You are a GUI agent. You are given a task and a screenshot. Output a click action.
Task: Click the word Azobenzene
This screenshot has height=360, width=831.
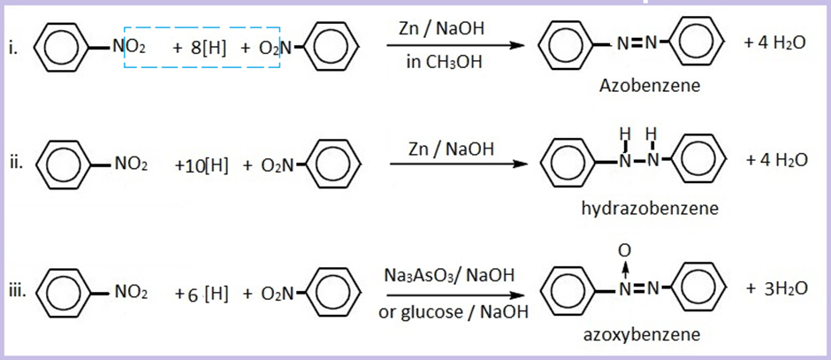[649, 86]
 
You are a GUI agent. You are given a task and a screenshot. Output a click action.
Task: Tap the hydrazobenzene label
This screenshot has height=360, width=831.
[650, 209]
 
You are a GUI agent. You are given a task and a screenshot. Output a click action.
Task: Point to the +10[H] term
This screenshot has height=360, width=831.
[202, 165]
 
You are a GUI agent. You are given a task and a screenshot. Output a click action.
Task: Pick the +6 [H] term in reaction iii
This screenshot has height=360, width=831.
[202, 293]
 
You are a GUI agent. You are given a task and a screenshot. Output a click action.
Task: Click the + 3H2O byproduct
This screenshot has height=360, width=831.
[775, 290]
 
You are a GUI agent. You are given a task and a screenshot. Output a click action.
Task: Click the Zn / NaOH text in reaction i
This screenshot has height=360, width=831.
[448, 29]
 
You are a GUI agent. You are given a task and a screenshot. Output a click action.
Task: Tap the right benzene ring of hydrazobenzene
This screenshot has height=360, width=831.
[707, 165]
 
